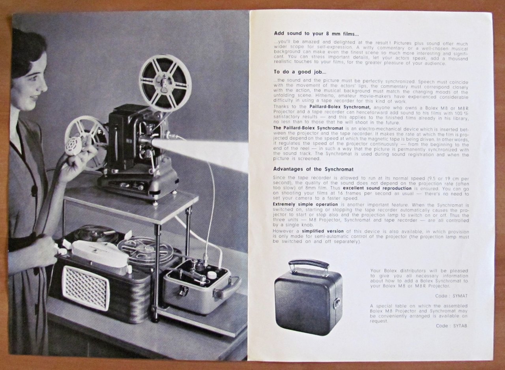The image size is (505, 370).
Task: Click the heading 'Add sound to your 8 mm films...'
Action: coord(316,34)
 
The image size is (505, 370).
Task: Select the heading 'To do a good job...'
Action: coord(300,72)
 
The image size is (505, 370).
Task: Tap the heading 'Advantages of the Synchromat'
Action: coord(313,169)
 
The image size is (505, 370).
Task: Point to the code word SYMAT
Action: coord(460,295)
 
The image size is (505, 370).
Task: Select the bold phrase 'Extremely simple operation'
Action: coord(305,204)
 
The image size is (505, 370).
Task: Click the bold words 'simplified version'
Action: coord(323,231)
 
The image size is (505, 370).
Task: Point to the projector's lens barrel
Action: coord(146,141)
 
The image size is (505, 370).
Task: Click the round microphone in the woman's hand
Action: coord(73,145)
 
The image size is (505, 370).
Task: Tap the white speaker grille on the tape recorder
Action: coord(85,288)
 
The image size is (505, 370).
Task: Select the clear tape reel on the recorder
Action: coord(146,250)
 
